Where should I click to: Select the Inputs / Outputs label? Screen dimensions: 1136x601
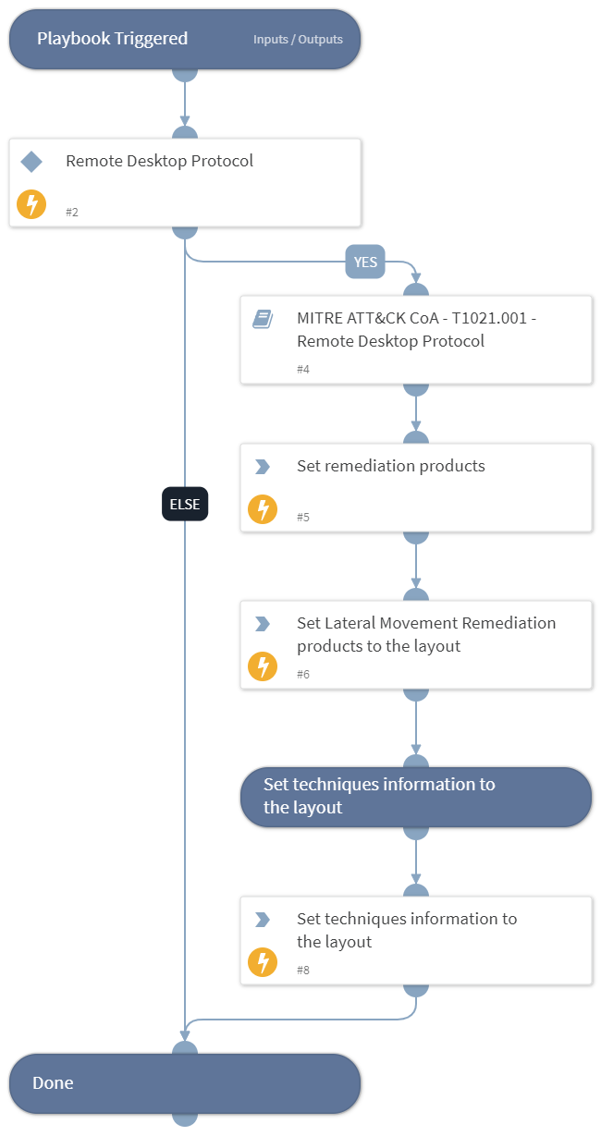pyautogui.click(x=298, y=40)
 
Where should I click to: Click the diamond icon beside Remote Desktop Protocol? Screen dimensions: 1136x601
pyautogui.click(x=31, y=162)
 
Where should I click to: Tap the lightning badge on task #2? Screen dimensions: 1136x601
pyautogui.click(x=31, y=204)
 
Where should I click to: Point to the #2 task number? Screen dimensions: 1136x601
pyautogui.click(x=72, y=213)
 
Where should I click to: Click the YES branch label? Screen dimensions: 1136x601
pyautogui.click(x=365, y=262)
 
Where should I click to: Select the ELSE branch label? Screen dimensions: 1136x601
pyautogui.click(x=185, y=505)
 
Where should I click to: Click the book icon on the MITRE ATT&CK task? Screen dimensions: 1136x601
pyautogui.click(x=263, y=319)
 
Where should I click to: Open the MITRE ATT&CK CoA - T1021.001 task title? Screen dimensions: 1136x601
pyautogui.click(x=416, y=329)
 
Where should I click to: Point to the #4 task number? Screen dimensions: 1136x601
pyautogui.click(x=303, y=370)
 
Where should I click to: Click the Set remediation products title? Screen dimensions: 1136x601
pyautogui.click(x=390, y=466)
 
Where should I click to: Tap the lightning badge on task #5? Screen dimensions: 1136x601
pyautogui.click(x=263, y=508)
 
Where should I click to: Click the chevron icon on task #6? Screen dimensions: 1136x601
pyautogui.click(x=263, y=624)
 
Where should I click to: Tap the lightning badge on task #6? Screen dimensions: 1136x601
pyautogui.click(x=263, y=666)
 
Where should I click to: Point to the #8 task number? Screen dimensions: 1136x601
pyautogui.click(x=303, y=971)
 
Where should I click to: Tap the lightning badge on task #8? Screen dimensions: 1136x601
pyautogui.click(x=263, y=962)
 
